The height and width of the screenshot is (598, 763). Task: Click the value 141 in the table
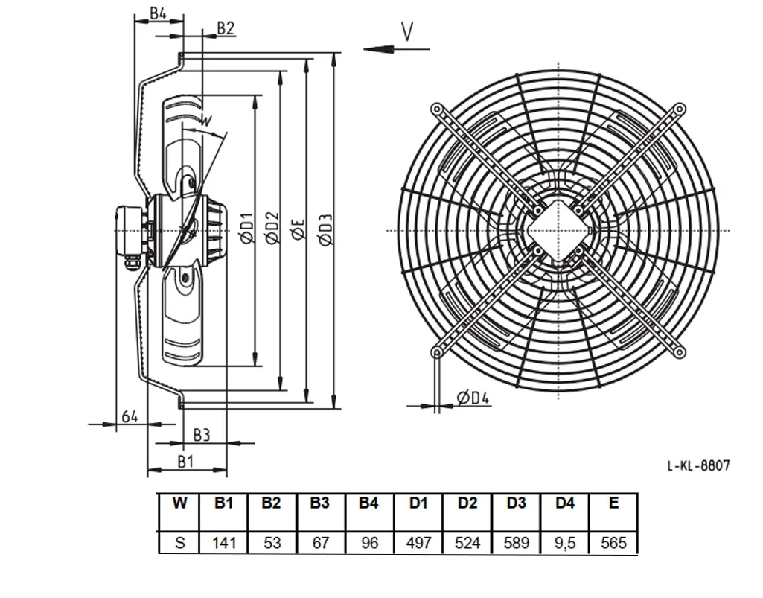click(224, 542)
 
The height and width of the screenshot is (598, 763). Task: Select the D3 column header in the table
click(516, 503)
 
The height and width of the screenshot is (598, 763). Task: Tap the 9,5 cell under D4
click(565, 543)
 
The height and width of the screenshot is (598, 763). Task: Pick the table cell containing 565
click(613, 542)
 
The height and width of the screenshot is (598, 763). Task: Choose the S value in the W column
click(179, 542)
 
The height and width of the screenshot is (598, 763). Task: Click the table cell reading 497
click(418, 542)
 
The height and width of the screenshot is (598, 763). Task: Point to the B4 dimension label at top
click(158, 13)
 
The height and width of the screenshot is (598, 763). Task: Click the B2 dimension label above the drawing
click(226, 28)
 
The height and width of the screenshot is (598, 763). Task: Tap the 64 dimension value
click(130, 416)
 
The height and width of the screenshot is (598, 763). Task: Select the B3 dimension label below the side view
click(201, 435)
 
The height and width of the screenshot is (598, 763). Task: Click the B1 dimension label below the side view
click(185, 461)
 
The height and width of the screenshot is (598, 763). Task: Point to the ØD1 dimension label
click(246, 228)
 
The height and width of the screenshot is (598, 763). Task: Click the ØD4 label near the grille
click(473, 398)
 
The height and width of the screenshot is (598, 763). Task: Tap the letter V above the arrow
click(407, 32)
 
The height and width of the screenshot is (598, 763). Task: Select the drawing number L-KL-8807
click(698, 465)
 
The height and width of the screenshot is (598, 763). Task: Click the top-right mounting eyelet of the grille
click(680, 109)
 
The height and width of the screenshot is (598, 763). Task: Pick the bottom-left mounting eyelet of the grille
click(437, 352)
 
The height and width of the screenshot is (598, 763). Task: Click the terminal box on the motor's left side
click(130, 231)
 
